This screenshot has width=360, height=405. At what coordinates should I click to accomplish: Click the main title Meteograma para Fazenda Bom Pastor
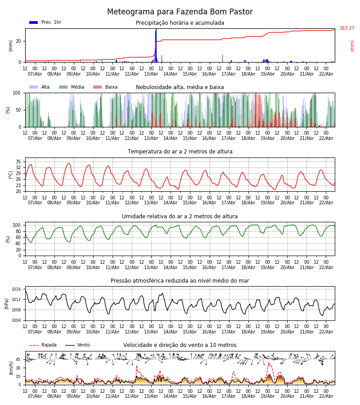(x=180, y=12)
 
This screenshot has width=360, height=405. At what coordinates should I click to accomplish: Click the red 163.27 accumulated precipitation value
(x=347, y=28)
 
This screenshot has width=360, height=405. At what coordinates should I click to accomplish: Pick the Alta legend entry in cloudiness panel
(x=45, y=87)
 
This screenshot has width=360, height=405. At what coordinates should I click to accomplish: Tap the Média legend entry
(x=77, y=87)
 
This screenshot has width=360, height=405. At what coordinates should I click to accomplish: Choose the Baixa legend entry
(x=111, y=87)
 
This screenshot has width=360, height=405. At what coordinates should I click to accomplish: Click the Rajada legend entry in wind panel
(x=49, y=345)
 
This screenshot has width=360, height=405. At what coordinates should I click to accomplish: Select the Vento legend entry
(x=83, y=345)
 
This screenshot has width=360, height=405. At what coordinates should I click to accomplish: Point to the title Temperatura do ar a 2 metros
(x=180, y=152)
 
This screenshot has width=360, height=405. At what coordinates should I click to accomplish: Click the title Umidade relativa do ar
(x=180, y=216)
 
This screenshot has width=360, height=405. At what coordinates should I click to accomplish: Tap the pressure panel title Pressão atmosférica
(x=180, y=281)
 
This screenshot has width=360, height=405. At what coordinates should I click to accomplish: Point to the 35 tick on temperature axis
(x=18, y=162)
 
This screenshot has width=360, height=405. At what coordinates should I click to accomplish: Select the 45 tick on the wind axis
(x=18, y=360)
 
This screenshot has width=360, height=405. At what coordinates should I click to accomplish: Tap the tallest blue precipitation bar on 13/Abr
(x=156, y=45)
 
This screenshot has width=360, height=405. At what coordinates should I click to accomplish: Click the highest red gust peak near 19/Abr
(x=269, y=363)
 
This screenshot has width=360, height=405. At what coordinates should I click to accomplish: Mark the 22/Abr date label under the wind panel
(x=326, y=396)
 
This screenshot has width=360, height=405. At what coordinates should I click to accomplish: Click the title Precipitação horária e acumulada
(x=180, y=23)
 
